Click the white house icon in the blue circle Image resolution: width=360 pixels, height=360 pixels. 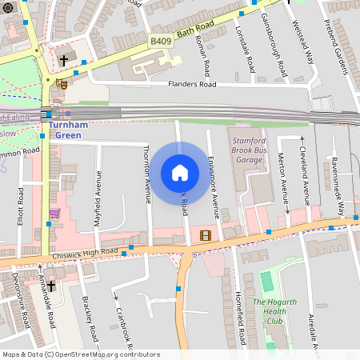click(180, 173)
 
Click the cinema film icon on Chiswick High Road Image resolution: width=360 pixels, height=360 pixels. click(207, 235)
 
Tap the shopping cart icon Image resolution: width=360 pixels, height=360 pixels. click(54, 214)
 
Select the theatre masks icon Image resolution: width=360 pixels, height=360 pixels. click(62, 82)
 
